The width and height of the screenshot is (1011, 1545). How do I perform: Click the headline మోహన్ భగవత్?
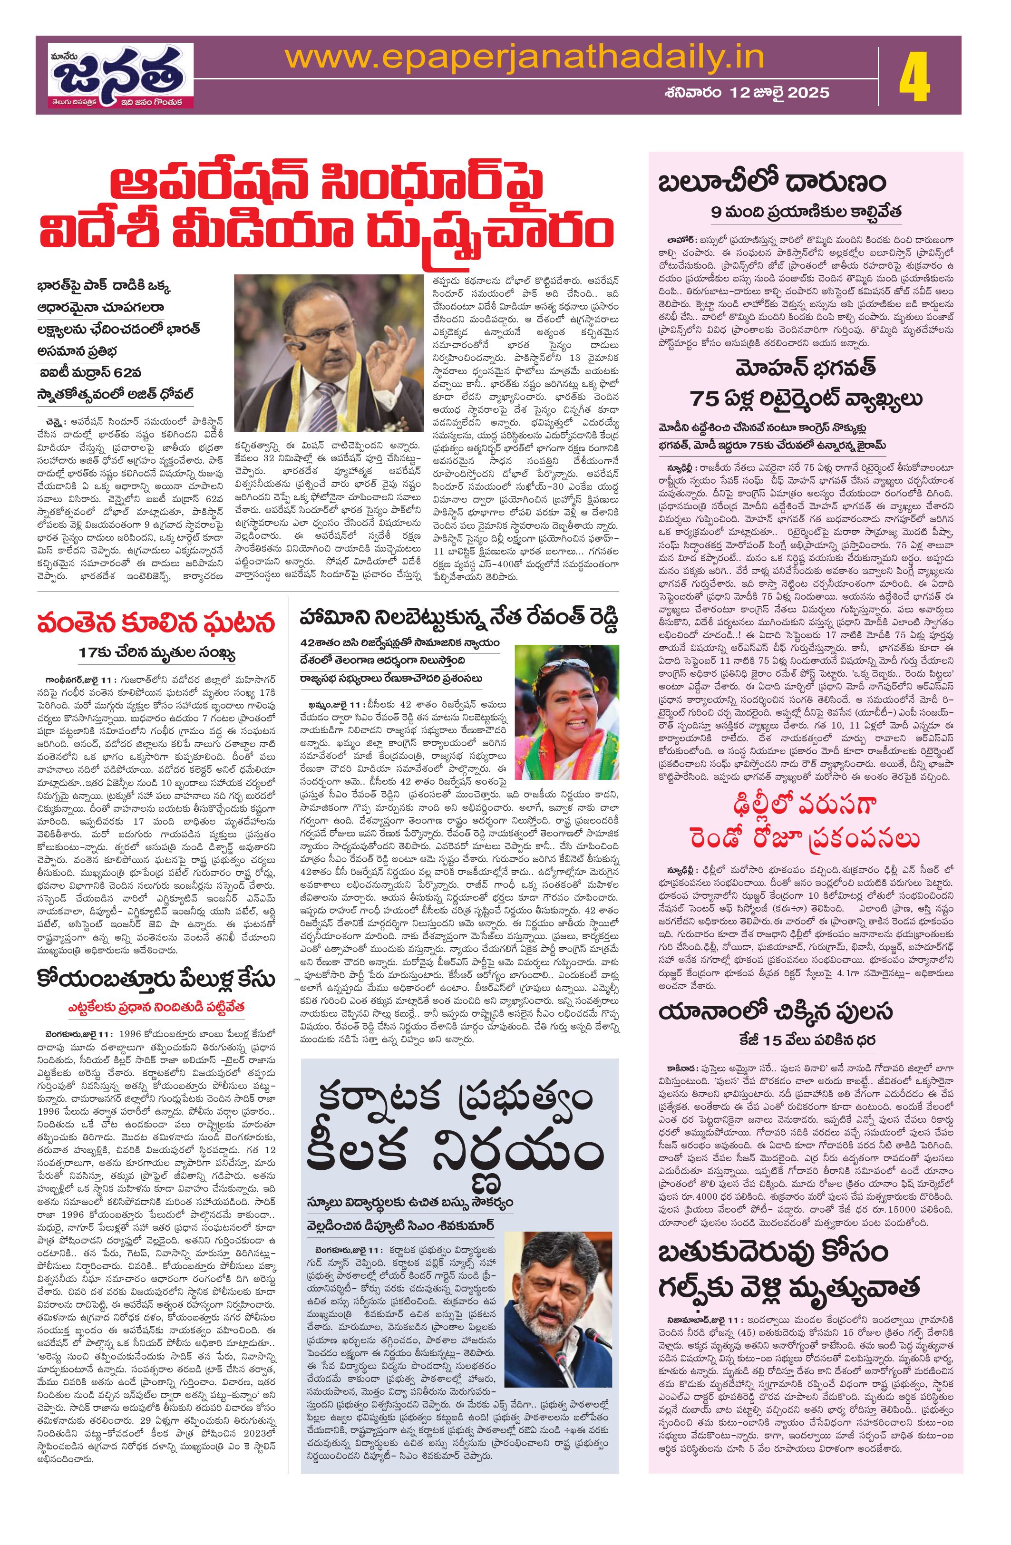pyautogui.click(x=806, y=368)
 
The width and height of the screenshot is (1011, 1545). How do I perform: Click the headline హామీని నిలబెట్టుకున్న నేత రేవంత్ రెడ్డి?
pyautogui.click(x=458, y=617)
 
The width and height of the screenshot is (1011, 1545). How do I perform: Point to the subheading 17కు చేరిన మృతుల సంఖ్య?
pyautogui.click(x=156, y=652)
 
